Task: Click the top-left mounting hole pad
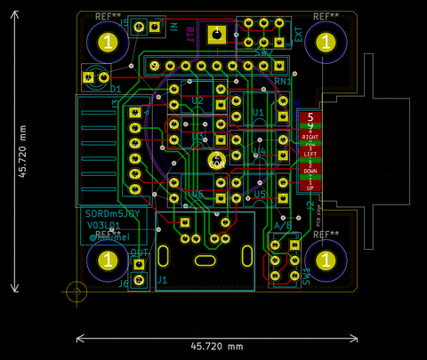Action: tap(108, 43)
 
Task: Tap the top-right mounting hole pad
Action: tap(326, 43)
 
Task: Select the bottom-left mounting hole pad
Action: tap(108, 260)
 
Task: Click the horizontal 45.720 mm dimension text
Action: tap(217, 346)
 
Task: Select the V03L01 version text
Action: tap(104, 227)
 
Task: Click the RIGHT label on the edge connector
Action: tap(310, 139)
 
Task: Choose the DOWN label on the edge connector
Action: tap(310, 171)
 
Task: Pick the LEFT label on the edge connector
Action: tap(310, 155)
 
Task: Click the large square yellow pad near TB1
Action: tap(216, 36)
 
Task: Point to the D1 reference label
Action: tap(116, 90)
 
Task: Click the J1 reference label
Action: tap(162, 280)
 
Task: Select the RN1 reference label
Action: tap(283, 82)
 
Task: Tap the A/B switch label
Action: tap(283, 227)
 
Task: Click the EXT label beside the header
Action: tap(298, 36)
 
